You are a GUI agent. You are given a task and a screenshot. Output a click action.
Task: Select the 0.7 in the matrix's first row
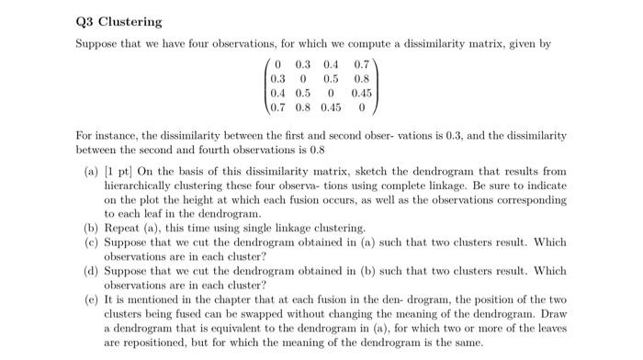click(x=361, y=65)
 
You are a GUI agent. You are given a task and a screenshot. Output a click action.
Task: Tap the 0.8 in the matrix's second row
click(x=361, y=78)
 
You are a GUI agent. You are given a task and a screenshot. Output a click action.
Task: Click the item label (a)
click(x=91, y=172)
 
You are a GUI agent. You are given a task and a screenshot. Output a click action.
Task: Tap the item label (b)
click(x=91, y=227)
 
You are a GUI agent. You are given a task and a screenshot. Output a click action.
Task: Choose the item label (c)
click(x=91, y=241)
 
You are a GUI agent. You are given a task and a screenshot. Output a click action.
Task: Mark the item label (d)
click(x=91, y=271)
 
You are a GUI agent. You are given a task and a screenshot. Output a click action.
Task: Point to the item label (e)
click(x=91, y=299)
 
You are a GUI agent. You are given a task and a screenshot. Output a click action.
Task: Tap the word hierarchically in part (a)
click(x=136, y=186)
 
